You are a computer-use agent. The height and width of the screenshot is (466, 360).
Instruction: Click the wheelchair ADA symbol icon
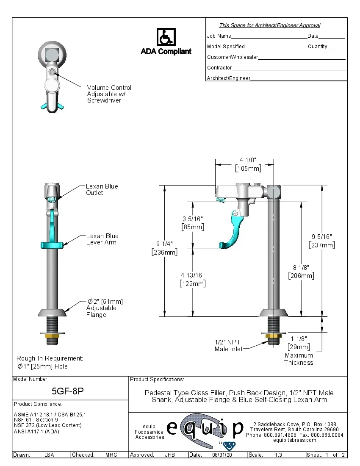click(166, 37)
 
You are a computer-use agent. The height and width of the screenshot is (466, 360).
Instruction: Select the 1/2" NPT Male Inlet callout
click(229, 345)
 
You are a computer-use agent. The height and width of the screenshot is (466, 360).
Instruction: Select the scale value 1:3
click(279, 455)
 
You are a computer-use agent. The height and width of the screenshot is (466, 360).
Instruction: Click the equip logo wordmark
click(205, 429)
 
